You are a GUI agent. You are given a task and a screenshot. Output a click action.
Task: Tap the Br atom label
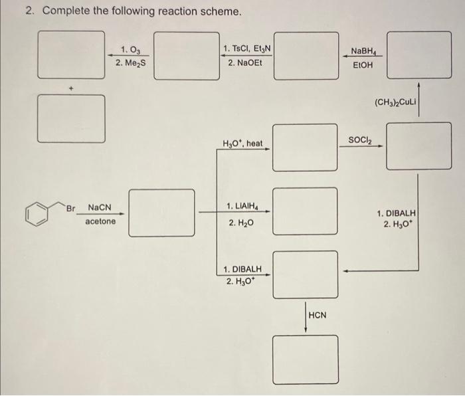coord(71,207)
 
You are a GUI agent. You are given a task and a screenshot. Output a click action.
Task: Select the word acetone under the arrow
coord(100,221)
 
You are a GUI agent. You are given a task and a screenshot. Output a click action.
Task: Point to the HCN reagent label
coord(318,314)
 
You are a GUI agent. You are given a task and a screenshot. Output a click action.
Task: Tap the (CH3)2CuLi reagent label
coord(395,102)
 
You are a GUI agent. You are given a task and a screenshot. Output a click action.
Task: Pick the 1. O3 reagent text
coord(130,49)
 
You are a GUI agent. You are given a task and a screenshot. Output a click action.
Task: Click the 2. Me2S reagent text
coord(130,62)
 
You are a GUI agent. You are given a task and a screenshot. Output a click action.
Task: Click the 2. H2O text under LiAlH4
coord(240,225)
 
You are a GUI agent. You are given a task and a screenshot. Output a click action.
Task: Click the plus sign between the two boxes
coord(74,88)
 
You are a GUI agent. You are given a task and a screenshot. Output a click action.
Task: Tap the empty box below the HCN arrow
coord(304,359)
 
